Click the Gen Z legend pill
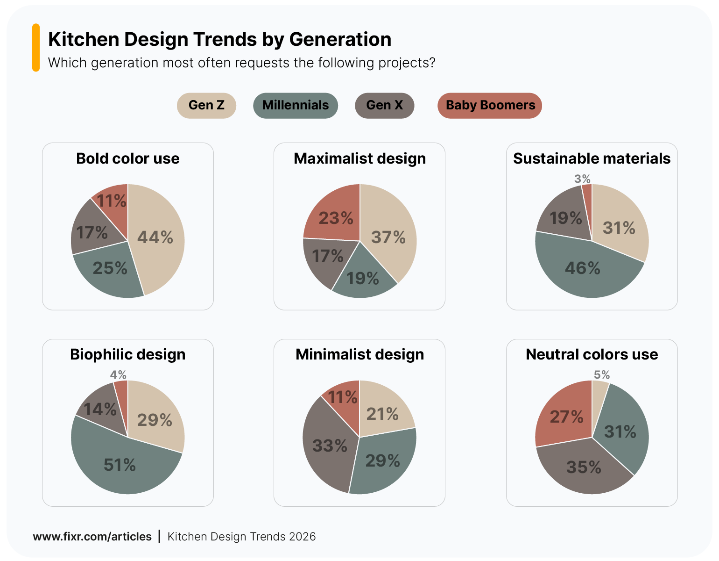click(x=206, y=105)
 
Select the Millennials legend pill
click(x=295, y=105)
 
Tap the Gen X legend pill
click(x=384, y=105)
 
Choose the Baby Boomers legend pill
click(x=490, y=105)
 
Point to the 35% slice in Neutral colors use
click(x=584, y=467)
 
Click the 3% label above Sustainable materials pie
click(x=582, y=179)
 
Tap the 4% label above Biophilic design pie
click(x=118, y=375)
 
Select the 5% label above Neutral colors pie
click(x=602, y=375)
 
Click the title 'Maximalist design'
click(x=359, y=158)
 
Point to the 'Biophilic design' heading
click(x=127, y=354)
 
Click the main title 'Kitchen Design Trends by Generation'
click(x=219, y=39)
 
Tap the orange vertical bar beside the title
click(x=36, y=48)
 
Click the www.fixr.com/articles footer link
click(x=92, y=537)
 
